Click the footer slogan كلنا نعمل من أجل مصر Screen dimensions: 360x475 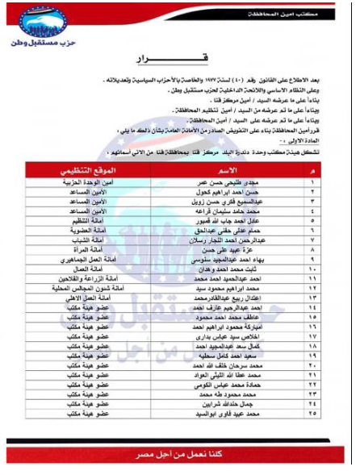tap(179, 446)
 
